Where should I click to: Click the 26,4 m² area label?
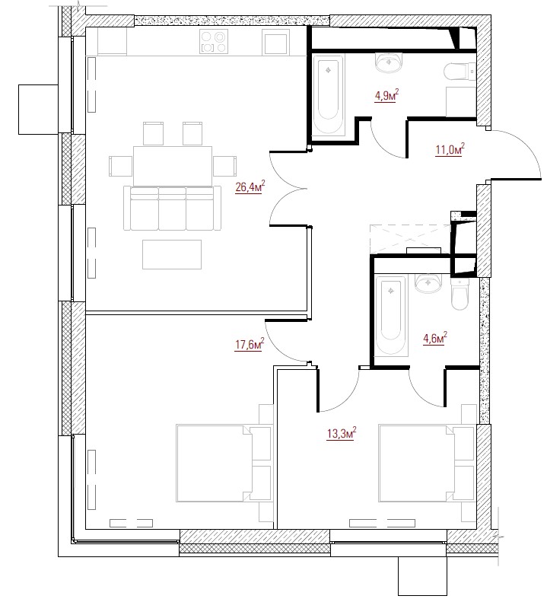[250, 187]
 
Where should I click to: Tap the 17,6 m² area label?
[250, 345]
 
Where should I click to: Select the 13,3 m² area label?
[342, 434]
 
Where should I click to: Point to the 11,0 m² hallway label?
[450, 149]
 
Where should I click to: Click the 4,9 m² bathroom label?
[386, 95]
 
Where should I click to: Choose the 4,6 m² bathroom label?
[434, 339]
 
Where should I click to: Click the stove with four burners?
[214, 42]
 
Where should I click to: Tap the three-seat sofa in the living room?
[172, 209]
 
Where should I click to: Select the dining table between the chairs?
[173, 166]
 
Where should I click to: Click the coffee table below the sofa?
[172, 254]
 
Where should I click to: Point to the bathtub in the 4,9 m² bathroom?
[329, 94]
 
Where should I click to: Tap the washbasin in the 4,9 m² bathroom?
[389, 62]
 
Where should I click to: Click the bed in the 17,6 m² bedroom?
[224, 463]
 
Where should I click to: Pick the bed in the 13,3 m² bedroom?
[426, 463]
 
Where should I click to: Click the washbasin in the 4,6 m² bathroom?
[428, 283]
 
